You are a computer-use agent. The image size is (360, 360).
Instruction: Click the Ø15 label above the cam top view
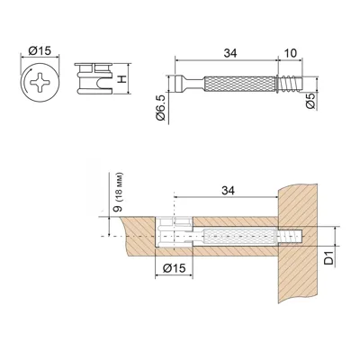(40, 51)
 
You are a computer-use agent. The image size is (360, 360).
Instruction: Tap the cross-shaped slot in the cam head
(40, 82)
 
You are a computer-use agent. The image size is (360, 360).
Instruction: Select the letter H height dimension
(121, 79)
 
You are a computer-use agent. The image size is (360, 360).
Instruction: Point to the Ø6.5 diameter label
(161, 108)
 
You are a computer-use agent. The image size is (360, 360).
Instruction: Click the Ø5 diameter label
(310, 101)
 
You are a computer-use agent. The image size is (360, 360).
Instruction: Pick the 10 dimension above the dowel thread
(290, 53)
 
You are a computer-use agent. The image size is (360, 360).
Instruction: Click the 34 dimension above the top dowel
(230, 53)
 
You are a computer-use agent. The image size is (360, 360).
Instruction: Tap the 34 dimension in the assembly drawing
(228, 190)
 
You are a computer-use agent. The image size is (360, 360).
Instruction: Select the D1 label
(329, 259)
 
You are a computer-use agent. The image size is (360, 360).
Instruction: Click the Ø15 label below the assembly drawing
(175, 268)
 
